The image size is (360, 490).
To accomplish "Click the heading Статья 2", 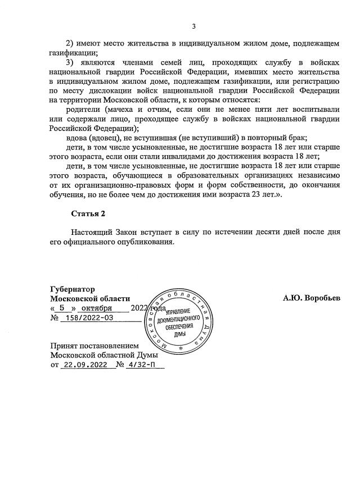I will click(88, 214).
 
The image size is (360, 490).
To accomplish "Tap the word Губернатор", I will click(73, 288).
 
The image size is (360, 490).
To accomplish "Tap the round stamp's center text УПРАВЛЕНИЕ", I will click(180, 312).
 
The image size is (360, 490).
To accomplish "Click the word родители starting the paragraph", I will click(83, 110).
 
